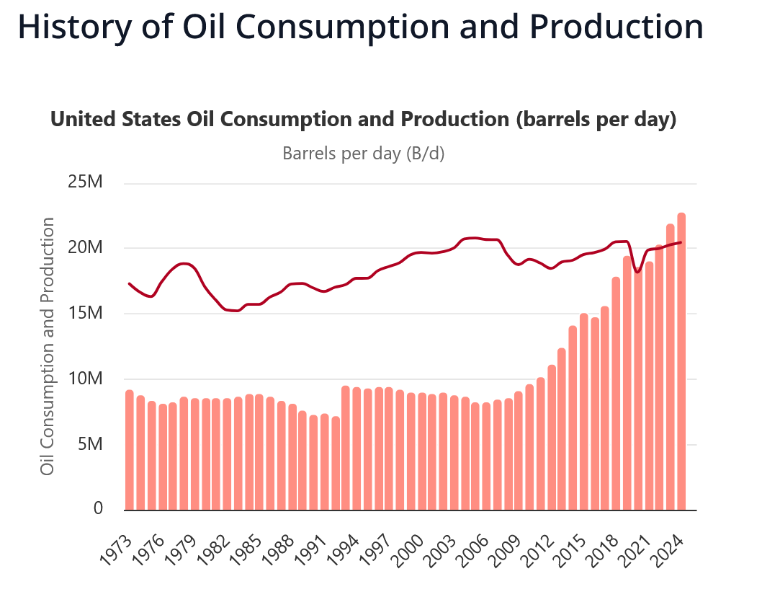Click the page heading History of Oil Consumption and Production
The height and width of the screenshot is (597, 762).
coord(359,27)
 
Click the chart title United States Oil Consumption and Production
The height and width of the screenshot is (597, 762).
coord(363,119)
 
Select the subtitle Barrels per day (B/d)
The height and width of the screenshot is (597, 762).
coord(363,154)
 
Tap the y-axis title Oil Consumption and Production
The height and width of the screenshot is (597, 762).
coord(48,347)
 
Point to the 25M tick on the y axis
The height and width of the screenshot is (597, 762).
coord(86,183)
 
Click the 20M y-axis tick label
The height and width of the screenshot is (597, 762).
coord(86,248)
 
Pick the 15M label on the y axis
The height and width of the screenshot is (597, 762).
coord(86,314)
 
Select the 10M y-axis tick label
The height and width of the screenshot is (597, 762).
coord(86,379)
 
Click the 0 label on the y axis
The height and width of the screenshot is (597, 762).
coord(98,509)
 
